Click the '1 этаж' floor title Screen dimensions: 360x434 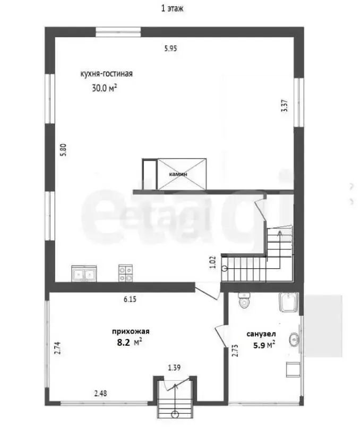[172, 8]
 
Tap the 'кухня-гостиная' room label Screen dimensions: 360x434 [107, 74]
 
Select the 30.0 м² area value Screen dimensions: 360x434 [104, 88]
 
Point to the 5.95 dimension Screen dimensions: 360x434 [170, 49]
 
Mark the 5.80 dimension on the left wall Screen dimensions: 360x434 [64, 150]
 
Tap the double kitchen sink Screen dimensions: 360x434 [84, 274]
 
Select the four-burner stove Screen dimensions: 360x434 [125, 273]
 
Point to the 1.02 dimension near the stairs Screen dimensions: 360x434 [212, 263]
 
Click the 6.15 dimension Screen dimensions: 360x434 [130, 299]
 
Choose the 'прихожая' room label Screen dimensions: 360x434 [131, 331]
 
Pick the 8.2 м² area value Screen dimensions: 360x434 [130, 343]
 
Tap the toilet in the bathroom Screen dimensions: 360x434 [244, 301]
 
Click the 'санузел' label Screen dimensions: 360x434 [261, 334]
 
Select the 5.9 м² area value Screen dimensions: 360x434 [264, 345]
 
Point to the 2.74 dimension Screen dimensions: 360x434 [57, 348]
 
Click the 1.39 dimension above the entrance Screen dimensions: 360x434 [174, 368]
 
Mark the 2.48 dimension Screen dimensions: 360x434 [100, 393]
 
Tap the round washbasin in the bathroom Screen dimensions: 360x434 [294, 339]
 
